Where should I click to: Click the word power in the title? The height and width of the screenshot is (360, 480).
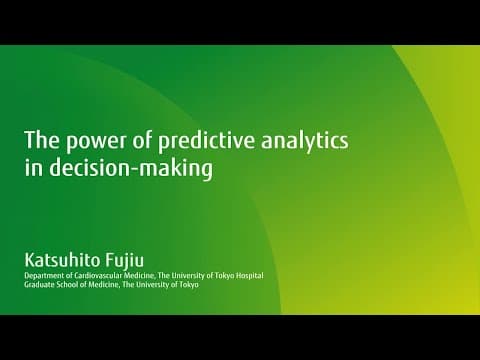[x=96, y=141]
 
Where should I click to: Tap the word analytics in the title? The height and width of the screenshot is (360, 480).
[x=305, y=141]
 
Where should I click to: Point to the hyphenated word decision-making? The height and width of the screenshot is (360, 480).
[x=131, y=168]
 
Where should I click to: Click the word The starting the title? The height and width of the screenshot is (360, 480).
[x=42, y=139]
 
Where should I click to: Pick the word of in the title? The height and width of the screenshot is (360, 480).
[x=142, y=139]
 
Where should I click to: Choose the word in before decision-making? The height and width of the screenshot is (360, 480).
[x=34, y=168]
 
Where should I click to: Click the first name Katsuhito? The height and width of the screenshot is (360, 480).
[x=61, y=260]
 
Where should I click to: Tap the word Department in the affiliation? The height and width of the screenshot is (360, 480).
[x=41, y=276]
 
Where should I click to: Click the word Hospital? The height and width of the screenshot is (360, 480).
[x=249, y=276]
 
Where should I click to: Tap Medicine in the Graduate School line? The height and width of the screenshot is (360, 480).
[x=103, y=285]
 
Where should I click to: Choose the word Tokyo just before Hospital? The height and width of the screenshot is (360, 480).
[x=224, y=276]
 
